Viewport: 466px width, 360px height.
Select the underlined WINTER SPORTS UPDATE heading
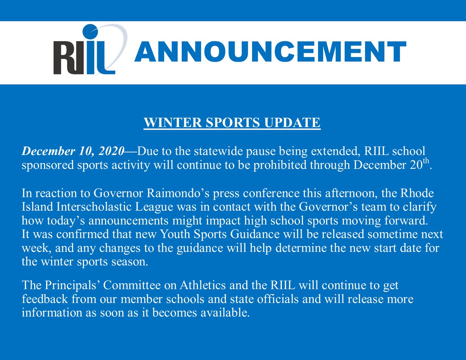(232, 123)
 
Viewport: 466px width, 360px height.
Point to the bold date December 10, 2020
(73, 151)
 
